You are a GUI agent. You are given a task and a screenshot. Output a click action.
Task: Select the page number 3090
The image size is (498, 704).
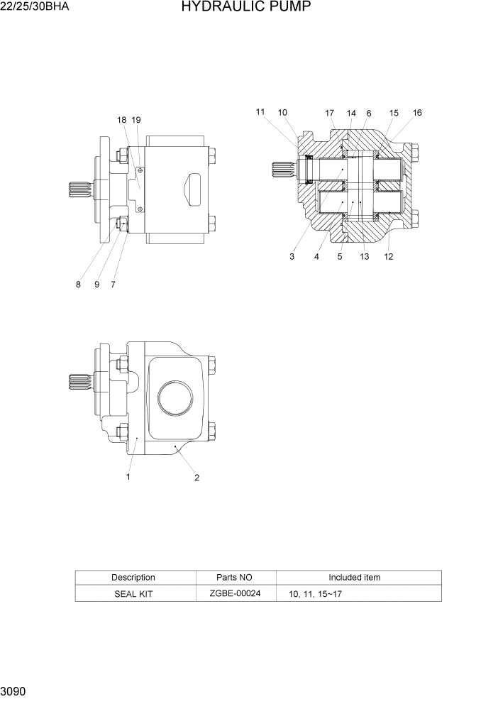(x=15, y=690)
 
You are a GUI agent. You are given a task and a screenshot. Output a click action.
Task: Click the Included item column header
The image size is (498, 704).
(x=354, y=577)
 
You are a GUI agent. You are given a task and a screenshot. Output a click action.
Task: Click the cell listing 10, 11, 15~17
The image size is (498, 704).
(x=315, y=593)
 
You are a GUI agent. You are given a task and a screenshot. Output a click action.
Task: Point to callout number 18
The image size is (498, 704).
(x=122, y=120)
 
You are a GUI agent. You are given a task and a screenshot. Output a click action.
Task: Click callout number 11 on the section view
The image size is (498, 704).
(x=260, y=112)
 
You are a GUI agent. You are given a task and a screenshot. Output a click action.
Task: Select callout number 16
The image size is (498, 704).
(x=417, y=113)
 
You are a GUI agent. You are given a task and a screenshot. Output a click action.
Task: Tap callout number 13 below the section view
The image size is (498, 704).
(x=364, y=257)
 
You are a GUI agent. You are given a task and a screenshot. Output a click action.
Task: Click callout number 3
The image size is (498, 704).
(x=292, y=257)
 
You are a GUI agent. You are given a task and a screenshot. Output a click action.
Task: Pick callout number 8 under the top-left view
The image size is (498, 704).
(x=78, y=285)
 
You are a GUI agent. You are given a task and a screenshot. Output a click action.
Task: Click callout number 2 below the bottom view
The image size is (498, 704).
(x=197, y=478)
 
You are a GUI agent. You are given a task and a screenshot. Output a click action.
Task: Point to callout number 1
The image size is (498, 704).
(x=128, y=477)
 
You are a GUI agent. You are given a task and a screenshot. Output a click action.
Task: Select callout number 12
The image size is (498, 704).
(x=388, y=257)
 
